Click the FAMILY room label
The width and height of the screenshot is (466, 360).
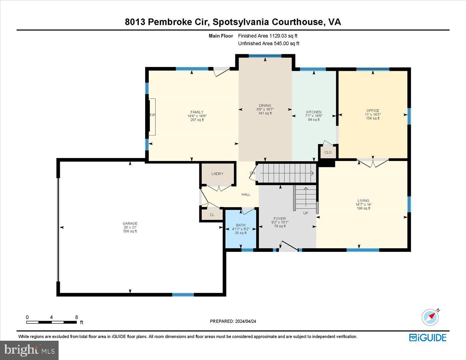197,112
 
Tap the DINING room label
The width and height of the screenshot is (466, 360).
265,106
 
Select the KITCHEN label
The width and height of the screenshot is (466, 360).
314,112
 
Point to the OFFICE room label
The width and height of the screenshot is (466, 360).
372,111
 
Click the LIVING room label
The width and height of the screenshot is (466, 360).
363,201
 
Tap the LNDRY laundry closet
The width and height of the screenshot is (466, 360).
217,174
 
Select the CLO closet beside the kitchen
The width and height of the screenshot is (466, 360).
328,152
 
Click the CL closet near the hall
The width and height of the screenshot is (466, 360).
212,215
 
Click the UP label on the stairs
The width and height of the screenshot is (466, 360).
306,213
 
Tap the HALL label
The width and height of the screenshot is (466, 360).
246,195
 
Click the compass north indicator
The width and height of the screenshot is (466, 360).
430,317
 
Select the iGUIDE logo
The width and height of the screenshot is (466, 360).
427,338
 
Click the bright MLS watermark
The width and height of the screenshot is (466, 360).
29,350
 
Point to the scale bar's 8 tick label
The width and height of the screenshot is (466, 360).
77,317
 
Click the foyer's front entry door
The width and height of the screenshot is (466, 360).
288,246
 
